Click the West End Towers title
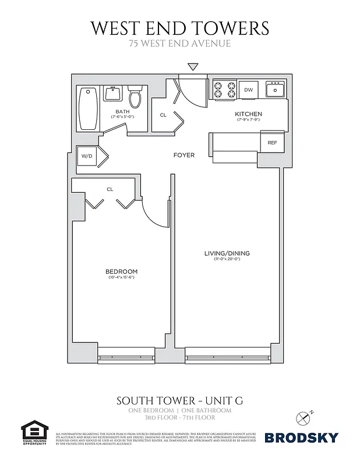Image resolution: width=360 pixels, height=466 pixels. pyautogui.click(x=180, y=27)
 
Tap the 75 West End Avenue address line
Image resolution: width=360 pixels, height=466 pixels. pyautogui.click(x=180, y=43)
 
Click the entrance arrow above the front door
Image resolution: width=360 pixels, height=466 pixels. pyautogui.click(x=193, y=68)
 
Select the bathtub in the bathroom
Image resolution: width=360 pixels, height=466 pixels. pyautogui.click(x=89, y=109)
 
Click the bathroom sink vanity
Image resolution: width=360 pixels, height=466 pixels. pyautogui.click(x=112, y=93)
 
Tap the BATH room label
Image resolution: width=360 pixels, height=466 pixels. pyautogui.click(x=122, y=111)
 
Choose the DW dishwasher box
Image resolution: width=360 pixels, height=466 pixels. pyautogui.click(x=248, y=90)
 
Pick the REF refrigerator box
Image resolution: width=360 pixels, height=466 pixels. pyautogui.click(x=272, y=143)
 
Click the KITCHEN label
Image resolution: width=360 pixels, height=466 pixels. pyautogui.click(x=248, y=114)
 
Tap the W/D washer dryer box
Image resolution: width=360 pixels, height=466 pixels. pyautogui.click(x=87, y=156)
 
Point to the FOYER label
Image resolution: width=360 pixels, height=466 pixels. pyautogui.click(x=184, y=155)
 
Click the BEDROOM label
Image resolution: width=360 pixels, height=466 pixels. pyautogui.click(x=121, y=271)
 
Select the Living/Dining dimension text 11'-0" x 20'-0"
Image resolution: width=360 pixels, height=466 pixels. pyautogui.click(x=227, y=259)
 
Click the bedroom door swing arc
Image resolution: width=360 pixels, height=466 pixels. pyautogui.click(x=153, y=213)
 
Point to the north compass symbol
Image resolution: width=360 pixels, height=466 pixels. pyautogui.click(x=303, y=417)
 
